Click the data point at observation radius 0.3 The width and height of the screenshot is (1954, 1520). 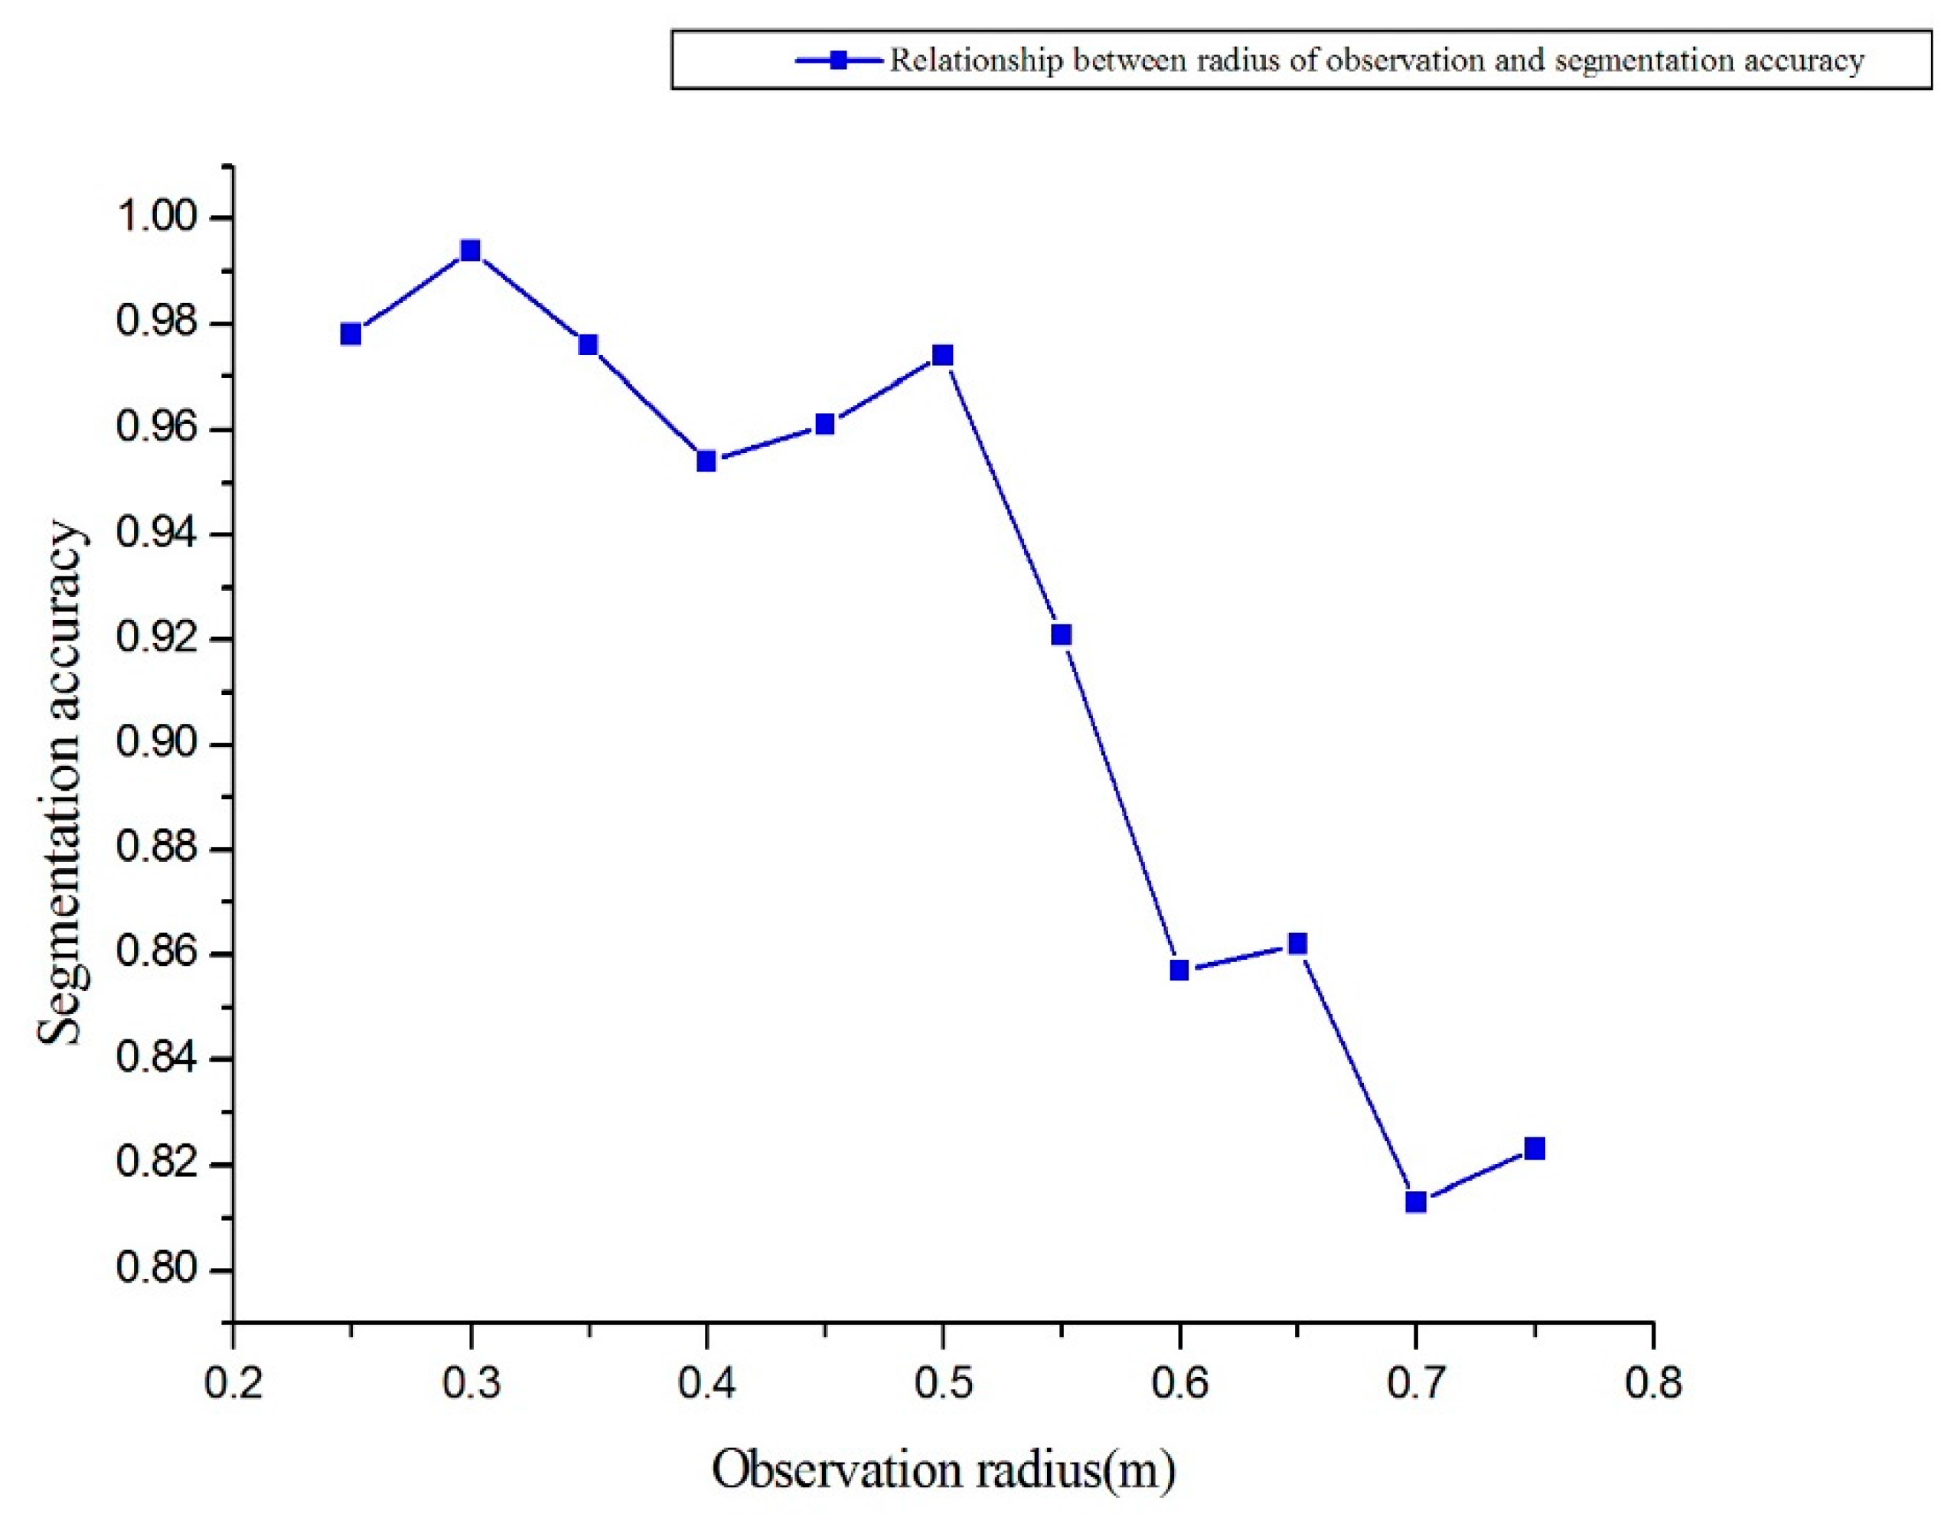pos(470,250)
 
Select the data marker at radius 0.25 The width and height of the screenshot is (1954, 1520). pos(351,334)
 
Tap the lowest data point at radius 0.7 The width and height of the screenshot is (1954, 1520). pos(1415,1202)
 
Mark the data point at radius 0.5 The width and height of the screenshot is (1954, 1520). pos(942,355)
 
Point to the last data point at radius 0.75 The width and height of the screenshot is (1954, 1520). pos(1535,1148)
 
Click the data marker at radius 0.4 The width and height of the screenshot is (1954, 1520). pos(706,461)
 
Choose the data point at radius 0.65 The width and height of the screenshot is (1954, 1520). pos(1297,943)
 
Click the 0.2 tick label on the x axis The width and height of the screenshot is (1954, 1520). pos(233,1383)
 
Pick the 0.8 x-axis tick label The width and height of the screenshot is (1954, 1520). pos(1652,1383)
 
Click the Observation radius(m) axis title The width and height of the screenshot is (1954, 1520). pos(943,1471)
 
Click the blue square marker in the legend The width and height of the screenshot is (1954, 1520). pos(839,60)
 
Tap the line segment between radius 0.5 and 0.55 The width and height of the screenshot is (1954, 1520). pos(1002,494)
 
